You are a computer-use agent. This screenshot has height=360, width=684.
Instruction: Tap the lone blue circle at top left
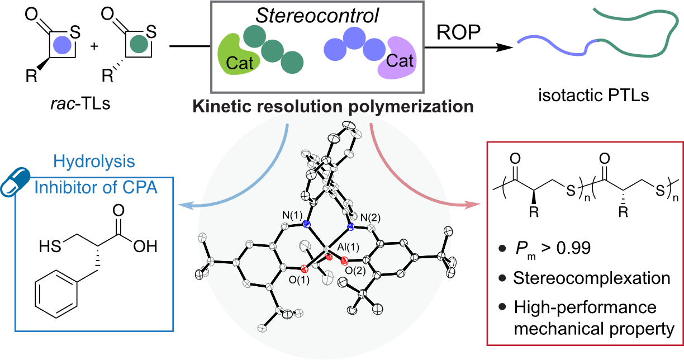pos(62,44)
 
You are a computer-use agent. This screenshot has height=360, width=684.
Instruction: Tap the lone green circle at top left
pos(139,44)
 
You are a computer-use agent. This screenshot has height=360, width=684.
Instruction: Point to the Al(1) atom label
pos(348,247)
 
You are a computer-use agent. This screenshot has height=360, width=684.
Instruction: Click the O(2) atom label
pos(355,271)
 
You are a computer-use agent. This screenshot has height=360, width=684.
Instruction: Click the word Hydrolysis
pos(94,162)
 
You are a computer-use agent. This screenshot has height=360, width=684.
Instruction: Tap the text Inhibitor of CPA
pos(96,188)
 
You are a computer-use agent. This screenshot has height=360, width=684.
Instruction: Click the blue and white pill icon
pos(15,182)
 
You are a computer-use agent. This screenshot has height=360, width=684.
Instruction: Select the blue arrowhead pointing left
pos(182,206)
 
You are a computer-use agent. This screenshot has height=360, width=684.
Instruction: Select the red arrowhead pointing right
pos(474,205)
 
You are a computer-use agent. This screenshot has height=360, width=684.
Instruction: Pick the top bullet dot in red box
pos(502,248)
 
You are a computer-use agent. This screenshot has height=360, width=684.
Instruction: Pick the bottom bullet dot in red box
pos(502,306)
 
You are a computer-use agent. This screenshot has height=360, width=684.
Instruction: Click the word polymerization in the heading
pos(411,106)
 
